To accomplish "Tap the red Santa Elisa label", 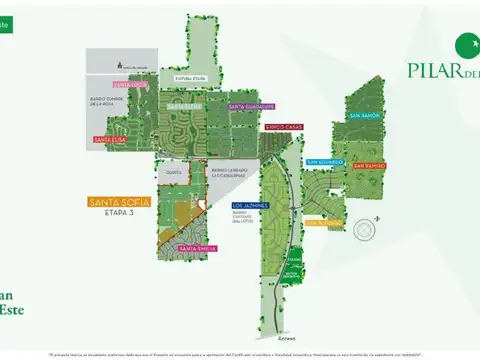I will pyautogui.click(x=108, y=140).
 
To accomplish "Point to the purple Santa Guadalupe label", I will pyautogui.click(x=251, y=105).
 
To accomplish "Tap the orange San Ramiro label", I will pyautogui.click(x=369, y=165).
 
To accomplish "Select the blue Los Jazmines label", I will pyautogui.click(x=250, y=205).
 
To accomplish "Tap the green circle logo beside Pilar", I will pyautogui.click(x=466, y=43).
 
